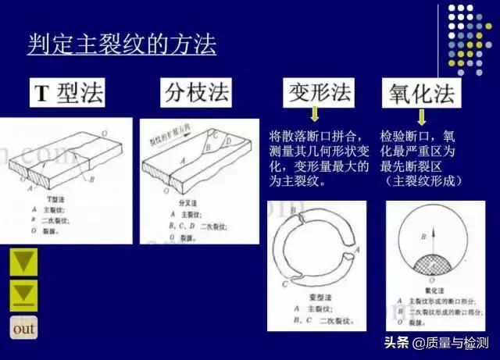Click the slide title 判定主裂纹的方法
click(121, 44)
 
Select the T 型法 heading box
click(69, 94)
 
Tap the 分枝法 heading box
click(196, 94)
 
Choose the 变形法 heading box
click(316, 93)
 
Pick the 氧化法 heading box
click(420, 94)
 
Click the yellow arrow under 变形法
click(315, 116)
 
